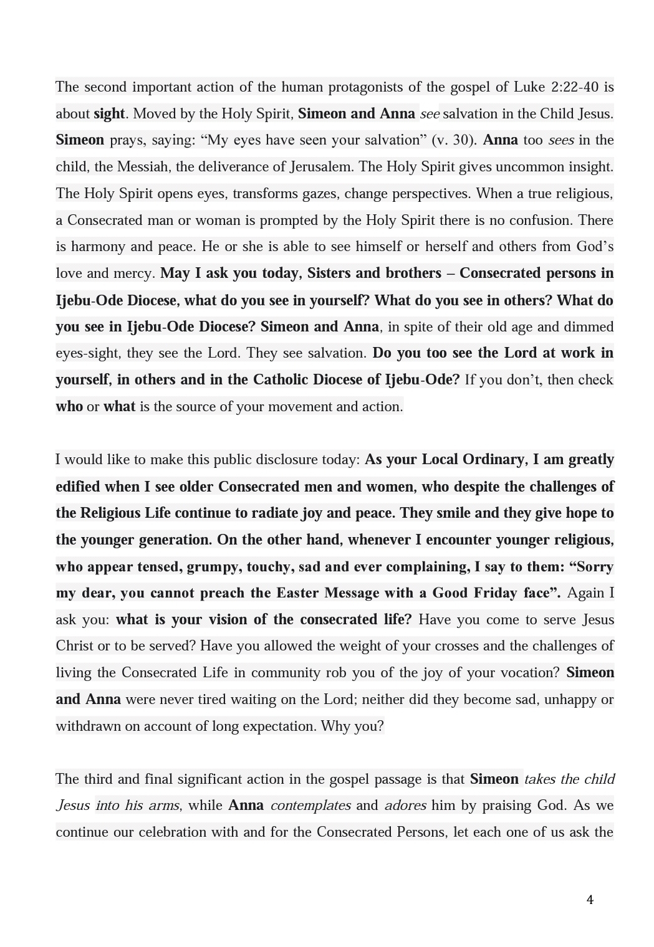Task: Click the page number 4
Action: [590, 900]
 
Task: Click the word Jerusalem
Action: [325, 167]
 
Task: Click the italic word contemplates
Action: [310, 806]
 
